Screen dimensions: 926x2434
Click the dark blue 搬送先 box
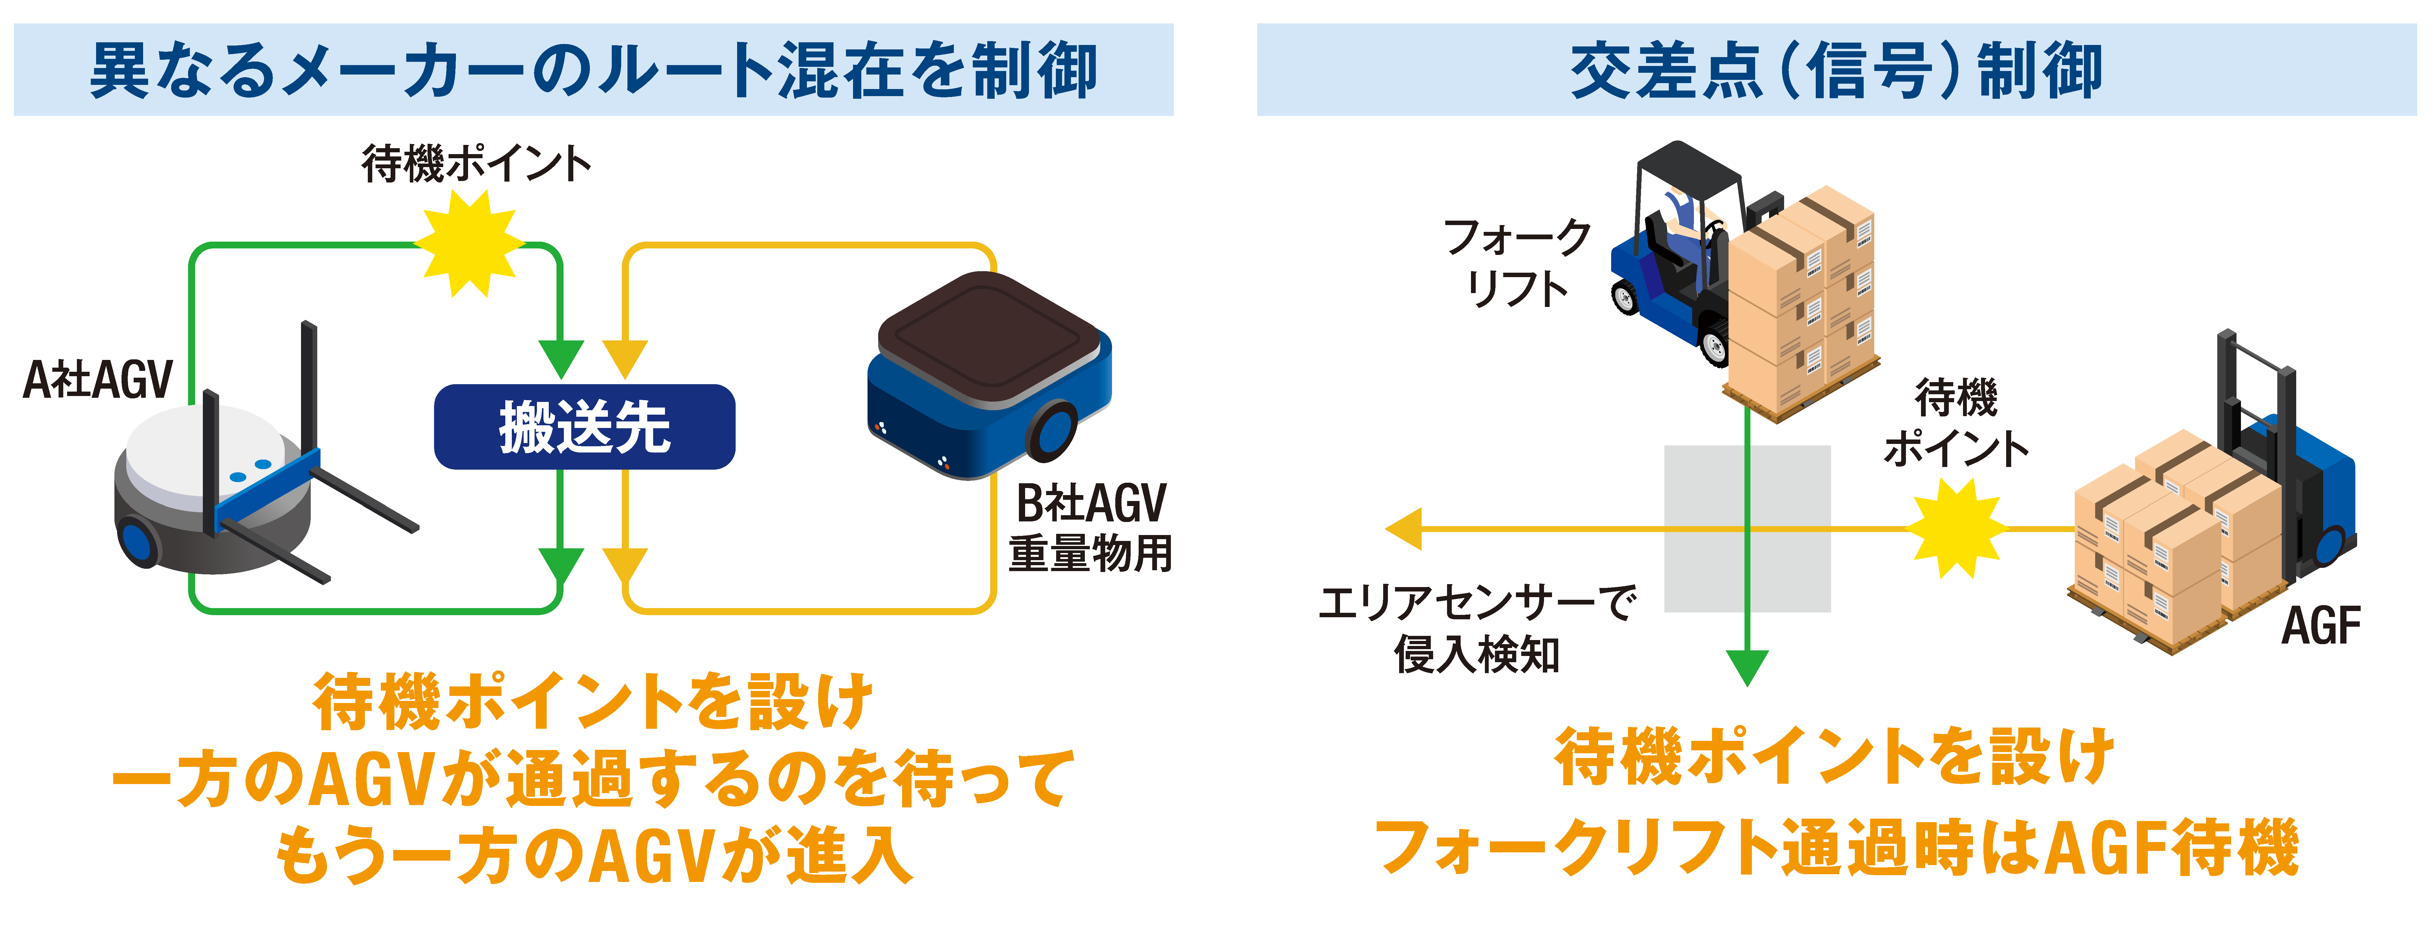pyautogui.click(x=584, y=427)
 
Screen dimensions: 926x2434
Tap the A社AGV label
pyautogui.click(x=97, y=380)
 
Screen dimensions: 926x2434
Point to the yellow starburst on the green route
pyautogui.click(x=470, y=244)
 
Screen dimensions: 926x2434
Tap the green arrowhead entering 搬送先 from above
pyautogui.click(x=560, y=359)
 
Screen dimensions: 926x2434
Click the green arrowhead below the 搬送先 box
pyautogui.click(x=560, y=567)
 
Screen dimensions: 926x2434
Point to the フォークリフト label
pyautogui.click(x=1517, y=263)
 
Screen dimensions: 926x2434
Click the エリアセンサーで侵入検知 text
pyautogui.click(x=1477, y=628)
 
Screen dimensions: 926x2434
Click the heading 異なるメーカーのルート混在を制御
pyautogui.click(x=593, y=71)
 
